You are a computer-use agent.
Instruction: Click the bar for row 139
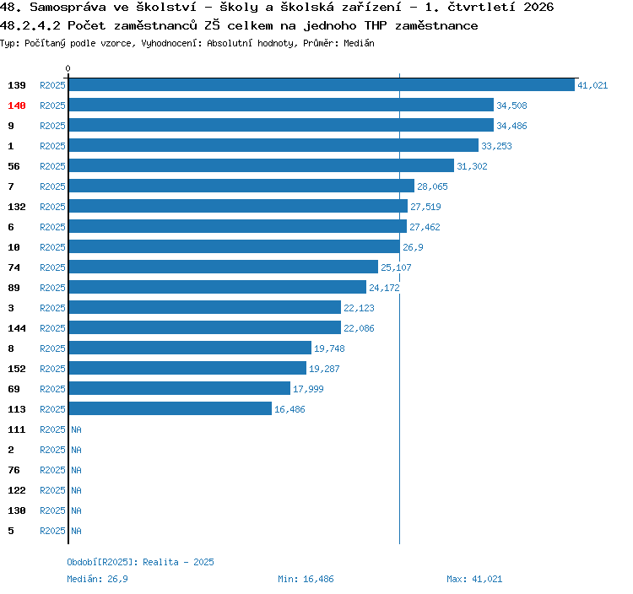(x=322, y=84)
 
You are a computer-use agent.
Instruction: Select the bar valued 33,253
(x=273, y=145)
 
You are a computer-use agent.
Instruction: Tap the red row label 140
(x=17, y=105)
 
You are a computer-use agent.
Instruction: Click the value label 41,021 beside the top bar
(x=592, y=85)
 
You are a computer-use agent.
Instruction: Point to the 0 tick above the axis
(x=68, y=68)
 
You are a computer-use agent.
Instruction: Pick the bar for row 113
(x=170, y=408)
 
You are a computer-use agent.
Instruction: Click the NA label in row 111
(x=76, y=429)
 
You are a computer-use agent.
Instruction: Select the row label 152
(x=17, y=369)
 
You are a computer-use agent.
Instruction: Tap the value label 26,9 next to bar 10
(x=413, y=247)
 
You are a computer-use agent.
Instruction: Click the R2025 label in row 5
(x=52, y=531)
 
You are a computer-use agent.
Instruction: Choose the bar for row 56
(x=262, y=165)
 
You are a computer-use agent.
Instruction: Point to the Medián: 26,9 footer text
(x=97, y=579)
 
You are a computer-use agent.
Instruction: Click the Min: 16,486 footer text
(x=306, y=579)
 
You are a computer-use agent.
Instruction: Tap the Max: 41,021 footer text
(x=474, y=579)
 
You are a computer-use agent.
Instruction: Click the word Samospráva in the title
(x=68, y=8)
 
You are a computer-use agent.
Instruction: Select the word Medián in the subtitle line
(x=359, y=43)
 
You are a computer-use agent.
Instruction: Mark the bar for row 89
(x=218, y=287)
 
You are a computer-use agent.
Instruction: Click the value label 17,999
(x=308, y=389)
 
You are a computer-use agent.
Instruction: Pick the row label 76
(x=14, y=470)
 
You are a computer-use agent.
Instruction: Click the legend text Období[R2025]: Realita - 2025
(x=140, y=562)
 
